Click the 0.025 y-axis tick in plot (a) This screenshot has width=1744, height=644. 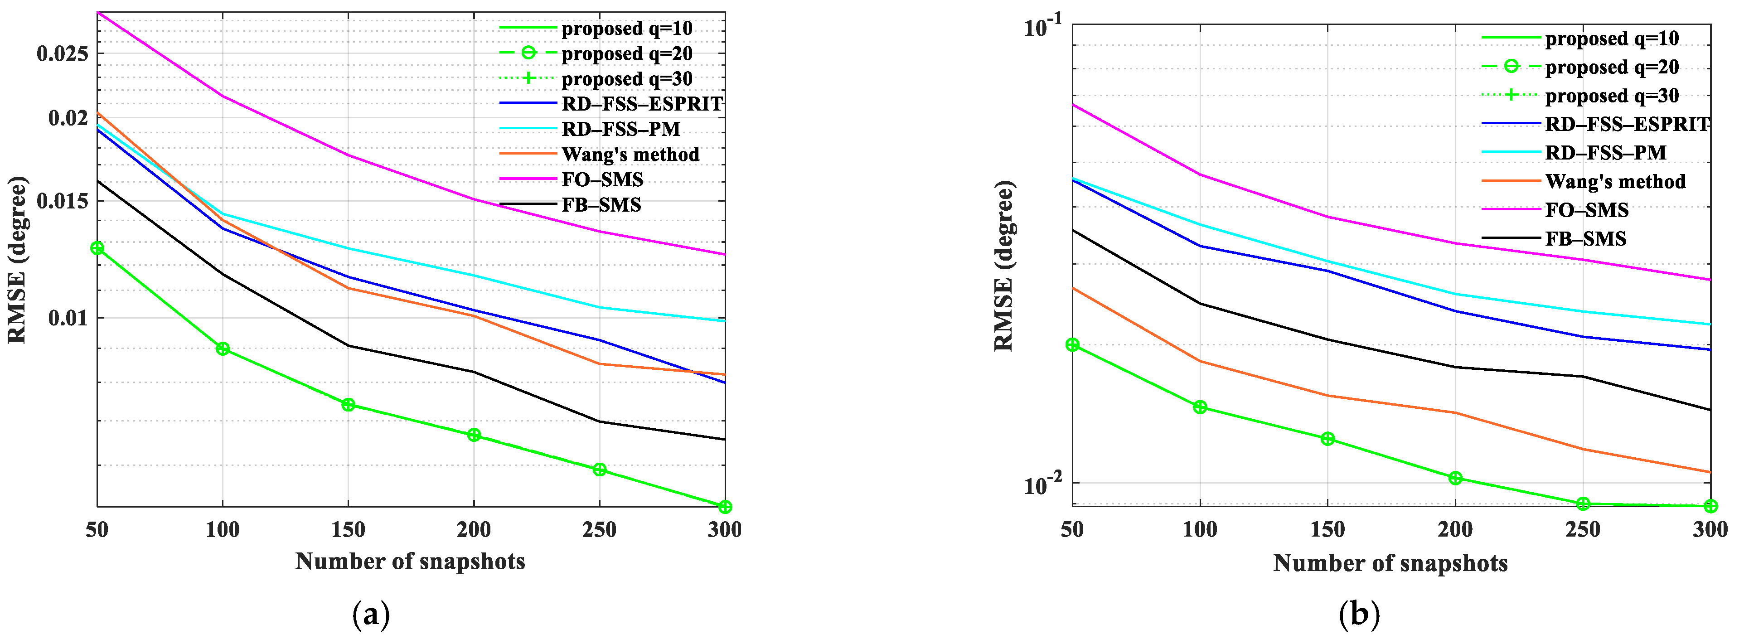[x=62, y=53]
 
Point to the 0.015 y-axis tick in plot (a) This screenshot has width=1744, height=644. [x=62, y=201]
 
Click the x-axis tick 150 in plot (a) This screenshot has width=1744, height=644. [x=348, y=529]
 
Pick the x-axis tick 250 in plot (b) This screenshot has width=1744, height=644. [x=1583, y=529]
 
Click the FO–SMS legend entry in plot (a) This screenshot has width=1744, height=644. [x=602, y=179]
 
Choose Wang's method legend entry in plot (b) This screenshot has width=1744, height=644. [x=1615, y=181]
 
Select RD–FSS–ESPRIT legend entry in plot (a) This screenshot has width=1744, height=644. [x=642, y=104]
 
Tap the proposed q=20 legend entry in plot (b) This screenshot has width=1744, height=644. [x=1611, y=67]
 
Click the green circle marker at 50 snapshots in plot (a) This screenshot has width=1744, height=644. [x=97, y=248]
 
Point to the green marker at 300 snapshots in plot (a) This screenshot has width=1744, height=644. [x=724, y=507]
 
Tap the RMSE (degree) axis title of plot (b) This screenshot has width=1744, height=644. [x=1003, y=266]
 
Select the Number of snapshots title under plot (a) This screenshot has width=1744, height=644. [x=410, y=562]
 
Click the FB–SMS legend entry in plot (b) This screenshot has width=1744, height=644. [x=1585, y=238]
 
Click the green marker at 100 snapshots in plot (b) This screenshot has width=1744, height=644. [x=1200, y=407]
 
